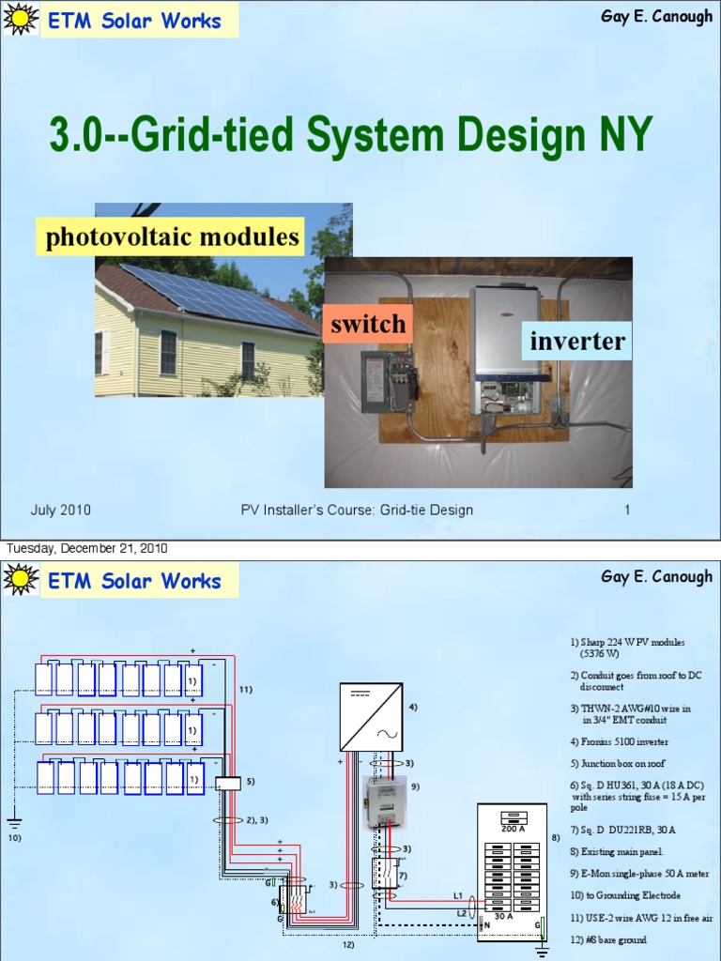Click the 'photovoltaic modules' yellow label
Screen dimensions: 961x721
tap(173, 236)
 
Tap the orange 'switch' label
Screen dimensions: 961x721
tap(367, 325)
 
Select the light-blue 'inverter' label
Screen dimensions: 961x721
tap(576, 341)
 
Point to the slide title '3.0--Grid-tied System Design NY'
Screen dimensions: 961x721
tap(350, 137)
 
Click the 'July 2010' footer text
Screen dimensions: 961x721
tap(60, 511)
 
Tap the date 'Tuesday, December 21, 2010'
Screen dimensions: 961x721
tap(87, 548)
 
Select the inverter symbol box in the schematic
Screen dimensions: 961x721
tap(371, 717)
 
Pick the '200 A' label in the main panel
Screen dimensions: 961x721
tap(513, 830)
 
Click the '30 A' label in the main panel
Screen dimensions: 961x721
tap(503, 915)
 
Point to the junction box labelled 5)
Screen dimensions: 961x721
tap(228, 784)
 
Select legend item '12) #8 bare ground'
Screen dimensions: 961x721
tap(607, 939)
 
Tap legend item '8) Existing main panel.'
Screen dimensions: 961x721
tap(616, 851)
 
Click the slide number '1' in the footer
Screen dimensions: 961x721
tap(626, 511)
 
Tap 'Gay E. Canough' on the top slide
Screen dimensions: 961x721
tap(656, 17)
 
